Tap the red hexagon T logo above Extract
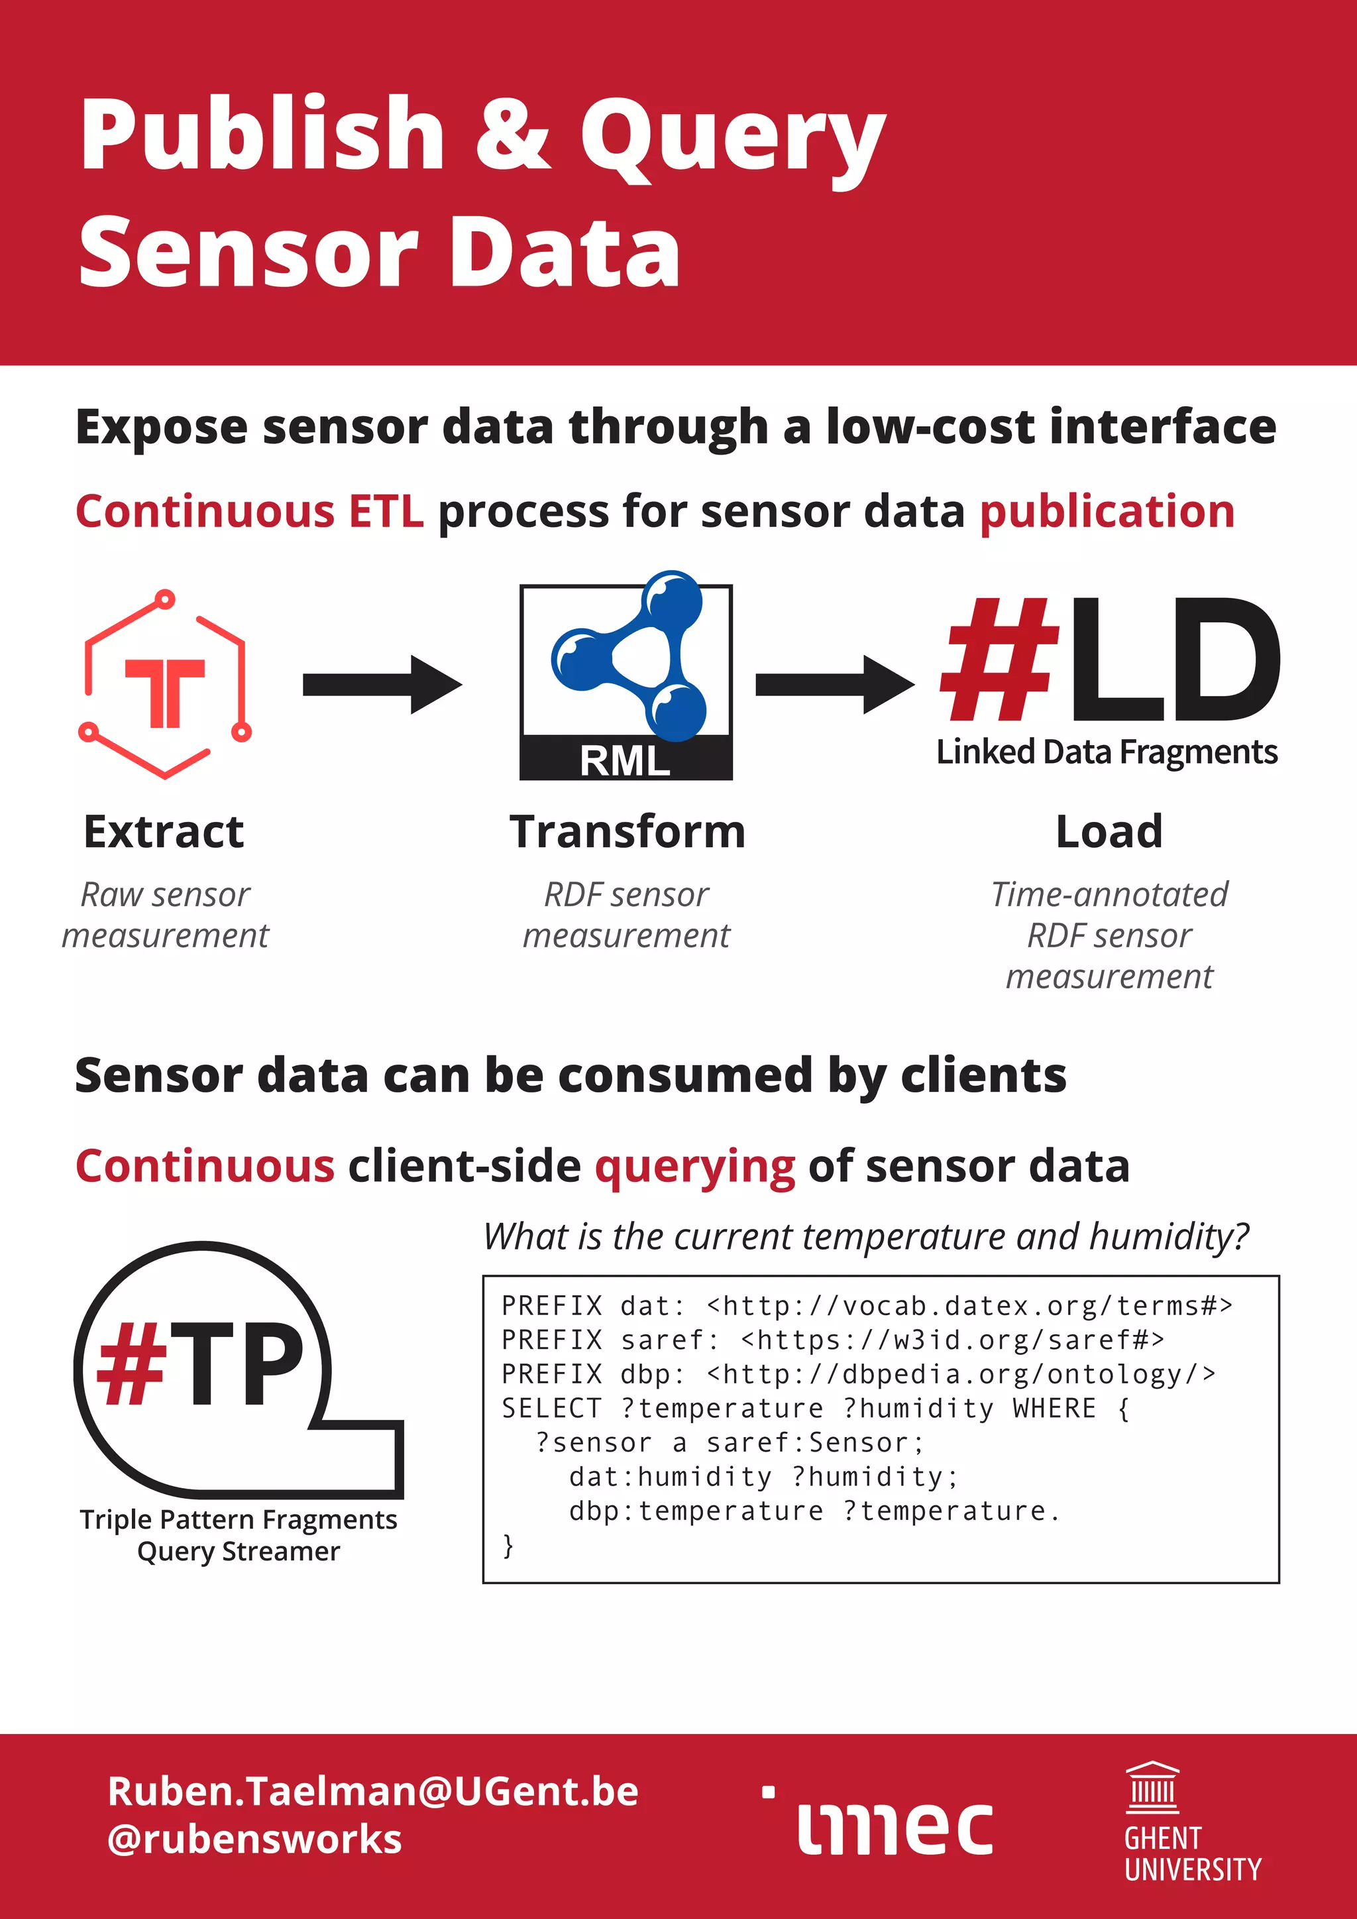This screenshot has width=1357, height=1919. pos(164,683)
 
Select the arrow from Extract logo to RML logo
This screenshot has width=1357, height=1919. pos(382,685)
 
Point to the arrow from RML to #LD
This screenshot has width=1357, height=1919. pos(834,685)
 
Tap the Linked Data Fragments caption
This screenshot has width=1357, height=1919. pos(1107,752)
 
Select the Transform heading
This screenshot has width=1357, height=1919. pos(627,832)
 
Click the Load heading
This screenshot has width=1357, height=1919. pos(1109,832)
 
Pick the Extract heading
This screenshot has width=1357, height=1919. pos(164,832)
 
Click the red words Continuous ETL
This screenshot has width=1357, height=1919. pos(249,512)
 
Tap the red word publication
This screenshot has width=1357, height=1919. pos(1107,512)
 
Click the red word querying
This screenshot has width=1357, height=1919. pos(694,1167)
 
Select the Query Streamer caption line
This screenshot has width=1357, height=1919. pos(238,1552)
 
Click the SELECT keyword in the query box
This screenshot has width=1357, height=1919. pos(551,1409)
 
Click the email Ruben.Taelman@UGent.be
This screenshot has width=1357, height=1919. pos(372,1791)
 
